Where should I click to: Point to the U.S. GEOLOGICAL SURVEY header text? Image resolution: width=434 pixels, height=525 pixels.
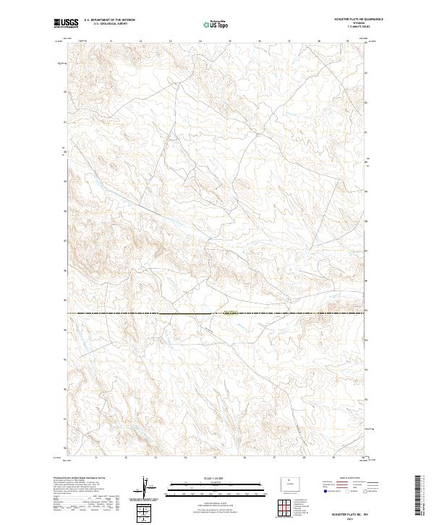109,24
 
